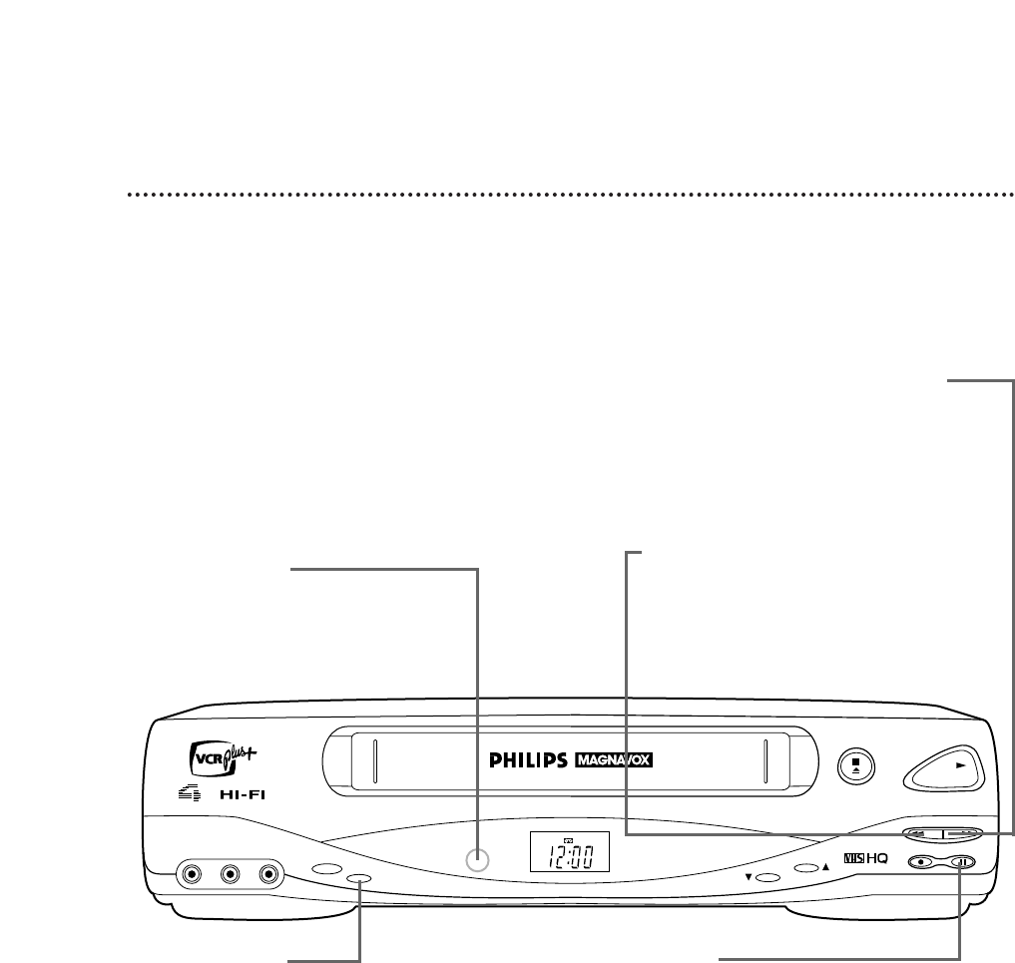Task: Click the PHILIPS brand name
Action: coord(528,760)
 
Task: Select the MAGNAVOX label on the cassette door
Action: coord(620,760)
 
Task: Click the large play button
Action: coord(943,767)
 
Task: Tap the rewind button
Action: coord(922,833)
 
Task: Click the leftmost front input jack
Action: coord(194,875)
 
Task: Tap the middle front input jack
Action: coord(231,875)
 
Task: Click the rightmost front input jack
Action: coord(266,875)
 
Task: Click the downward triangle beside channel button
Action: coord(748,878)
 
